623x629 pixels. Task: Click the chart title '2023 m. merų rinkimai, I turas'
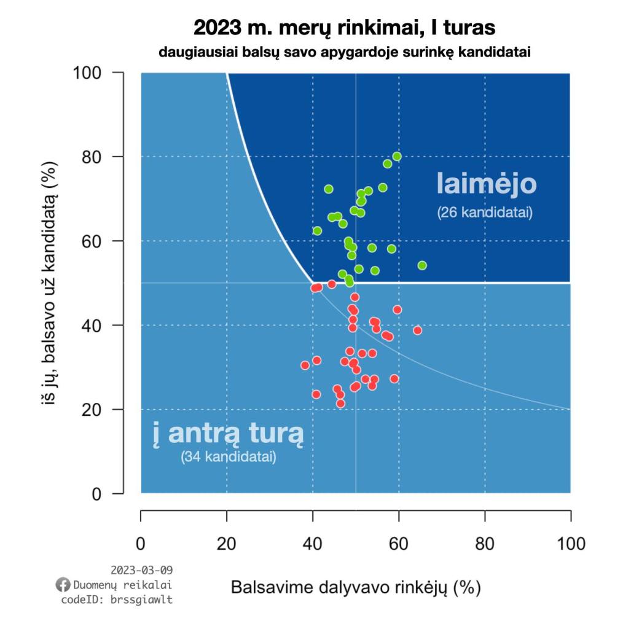tap(344, 28)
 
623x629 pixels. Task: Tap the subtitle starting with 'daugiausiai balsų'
tap(344, 52)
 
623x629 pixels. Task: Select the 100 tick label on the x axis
tap(570, 544)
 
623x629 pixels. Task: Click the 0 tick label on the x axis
tap(141, 544)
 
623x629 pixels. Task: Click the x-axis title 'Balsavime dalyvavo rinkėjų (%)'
tap(355, 587)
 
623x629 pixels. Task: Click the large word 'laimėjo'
tap(487, 184)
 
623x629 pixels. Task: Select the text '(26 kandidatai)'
tap(485, 214)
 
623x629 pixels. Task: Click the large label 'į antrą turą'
tap(228, 434)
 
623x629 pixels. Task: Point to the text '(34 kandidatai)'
tap(228, 458)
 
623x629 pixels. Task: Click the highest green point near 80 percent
tap(397, 157)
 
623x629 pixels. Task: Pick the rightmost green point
tap(422, 265)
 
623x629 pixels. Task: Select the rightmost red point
tap(418, 330)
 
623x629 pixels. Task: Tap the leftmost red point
tap(305, 365)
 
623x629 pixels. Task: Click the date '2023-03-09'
tap(142, 570)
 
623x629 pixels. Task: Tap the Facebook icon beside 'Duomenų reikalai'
tap(62, 584)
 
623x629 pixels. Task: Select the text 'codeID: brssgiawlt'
tap(117, 600)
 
